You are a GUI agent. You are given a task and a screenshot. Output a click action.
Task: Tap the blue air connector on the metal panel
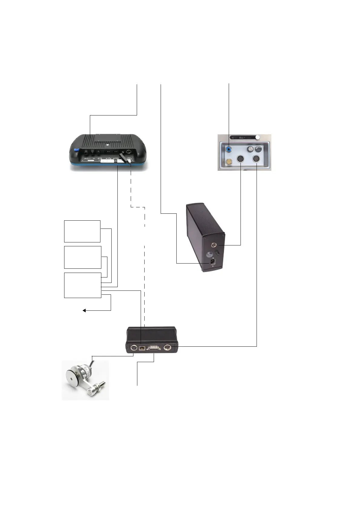[x=229, y=149]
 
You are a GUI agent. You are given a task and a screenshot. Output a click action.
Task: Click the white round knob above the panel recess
[x=257, y=138]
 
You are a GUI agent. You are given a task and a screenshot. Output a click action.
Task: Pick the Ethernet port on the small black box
[x=142, y=348]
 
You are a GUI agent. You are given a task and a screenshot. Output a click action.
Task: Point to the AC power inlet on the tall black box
[x=213, y=262]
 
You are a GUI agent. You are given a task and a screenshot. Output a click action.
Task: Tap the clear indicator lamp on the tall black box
[x=208, y=254]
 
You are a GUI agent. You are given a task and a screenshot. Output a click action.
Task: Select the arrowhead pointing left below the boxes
[x=84, y=310]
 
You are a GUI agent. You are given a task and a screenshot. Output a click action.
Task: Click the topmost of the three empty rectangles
[x=82, y=231]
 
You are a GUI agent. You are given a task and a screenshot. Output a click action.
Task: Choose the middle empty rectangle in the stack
[x=83, y=257]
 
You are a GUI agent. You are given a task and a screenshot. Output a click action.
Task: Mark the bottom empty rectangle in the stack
[x=83, y=285]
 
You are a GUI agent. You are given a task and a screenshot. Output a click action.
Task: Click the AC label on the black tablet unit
[x=87, y=159]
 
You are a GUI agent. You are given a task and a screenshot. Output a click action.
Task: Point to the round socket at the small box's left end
[x=133, y=348]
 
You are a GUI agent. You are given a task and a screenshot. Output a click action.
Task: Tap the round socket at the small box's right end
[x=167, y=348]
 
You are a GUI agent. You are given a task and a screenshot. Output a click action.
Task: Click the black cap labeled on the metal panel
[x=258, y=149]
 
